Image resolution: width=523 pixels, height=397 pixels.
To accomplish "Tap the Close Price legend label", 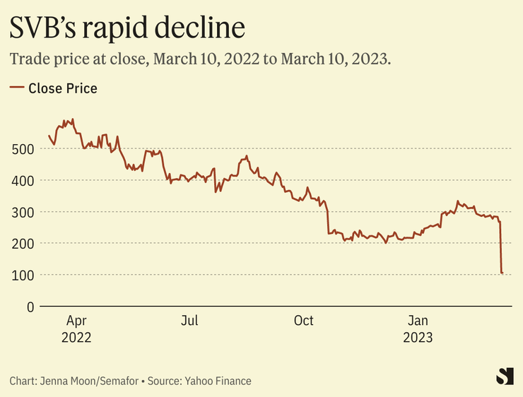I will click(63, 88).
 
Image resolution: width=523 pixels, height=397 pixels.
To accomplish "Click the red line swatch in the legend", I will click(16, 88).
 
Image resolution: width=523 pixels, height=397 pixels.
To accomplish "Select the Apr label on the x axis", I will click(76, 321).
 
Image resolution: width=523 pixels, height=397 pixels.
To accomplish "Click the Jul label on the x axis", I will click(189, 321).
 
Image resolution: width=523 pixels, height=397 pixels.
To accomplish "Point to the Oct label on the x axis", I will click(303, 321).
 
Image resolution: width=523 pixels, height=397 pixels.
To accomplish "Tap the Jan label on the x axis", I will click(418, 321).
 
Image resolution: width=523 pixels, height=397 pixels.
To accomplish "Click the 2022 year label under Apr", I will click(76, 338).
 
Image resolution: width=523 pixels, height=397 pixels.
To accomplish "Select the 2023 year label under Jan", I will click(418, 338).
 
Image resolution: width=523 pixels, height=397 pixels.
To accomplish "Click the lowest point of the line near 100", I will click(502, 273).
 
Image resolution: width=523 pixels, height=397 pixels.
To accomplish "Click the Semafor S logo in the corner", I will click(504, 377).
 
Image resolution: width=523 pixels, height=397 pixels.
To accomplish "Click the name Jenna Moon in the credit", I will click(71, 381).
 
